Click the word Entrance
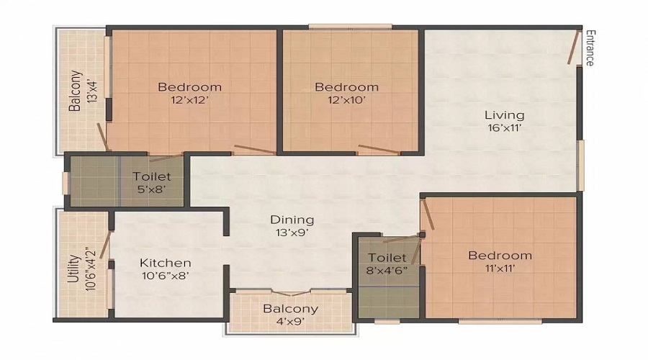pyautogui.click(x=589, y=48)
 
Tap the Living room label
pyautogui.click(x=504, y=114)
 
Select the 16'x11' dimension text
pyautogui.click(x=504, y=128)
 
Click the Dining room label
pyautogui.click(x=292, y=220)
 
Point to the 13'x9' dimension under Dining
pyautogui.click(x=292, y=233)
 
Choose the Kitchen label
pyautogui.click(x=166, y=263)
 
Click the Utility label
pyautogui.click(x=73, y=267)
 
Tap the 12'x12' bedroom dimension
pyautogui.click(x=189, y=101)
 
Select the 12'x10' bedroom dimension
pyautogui.click(x=346, y=101)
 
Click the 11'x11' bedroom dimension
pyautogui.click(x=500, y=269)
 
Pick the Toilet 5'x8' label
pyautogui.click(x=152, y=183)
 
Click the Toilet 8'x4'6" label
pyautogui.click(x=387, y=264)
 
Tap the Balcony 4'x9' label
pyautogui.click(x=290, y=315)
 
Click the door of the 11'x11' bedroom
pyautogui.click(x=427, y=216)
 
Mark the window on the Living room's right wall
pyautogui.click(x=580, y=166)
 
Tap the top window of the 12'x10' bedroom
pyautogui.click(x=351, y=28)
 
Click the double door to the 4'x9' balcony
pyautogui.click(x=291, y=292)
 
